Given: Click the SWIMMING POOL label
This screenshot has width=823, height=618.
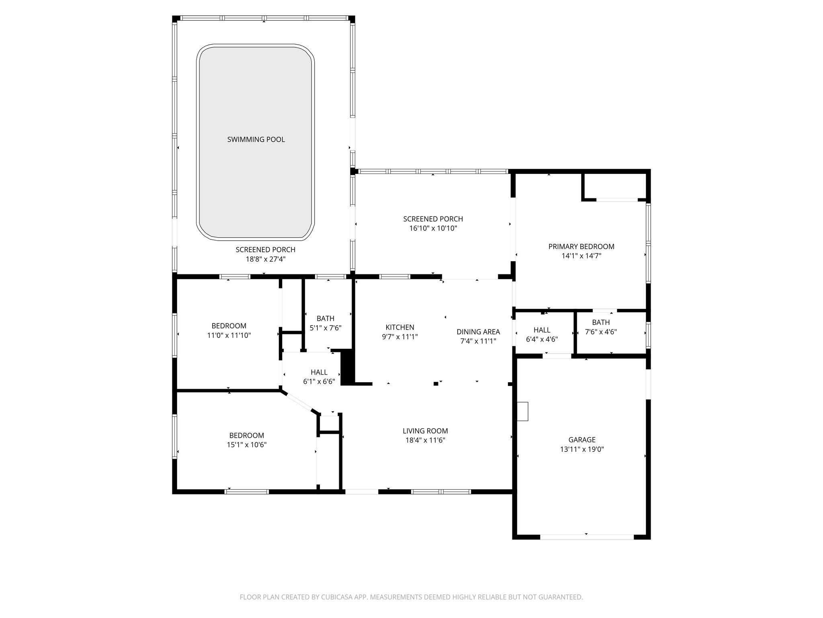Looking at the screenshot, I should coord(256,140).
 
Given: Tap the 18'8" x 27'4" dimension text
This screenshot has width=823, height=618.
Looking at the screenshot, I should coord(266,259).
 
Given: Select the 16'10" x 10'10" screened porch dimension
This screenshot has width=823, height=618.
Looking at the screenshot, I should coord(433,228).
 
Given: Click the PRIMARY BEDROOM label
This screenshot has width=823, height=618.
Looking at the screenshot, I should coord(581,246).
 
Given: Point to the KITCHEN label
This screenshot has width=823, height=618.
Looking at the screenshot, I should coord(399,327).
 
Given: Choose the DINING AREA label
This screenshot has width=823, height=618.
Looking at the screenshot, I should coord(478,332).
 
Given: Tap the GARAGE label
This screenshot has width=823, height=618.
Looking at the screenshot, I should coord(581,440).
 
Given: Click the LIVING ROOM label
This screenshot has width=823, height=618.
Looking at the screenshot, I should coord(425,431).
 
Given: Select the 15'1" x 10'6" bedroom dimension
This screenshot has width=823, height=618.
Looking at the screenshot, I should coord(246,445).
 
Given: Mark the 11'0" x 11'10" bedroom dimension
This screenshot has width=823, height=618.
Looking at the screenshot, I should coord(229,335).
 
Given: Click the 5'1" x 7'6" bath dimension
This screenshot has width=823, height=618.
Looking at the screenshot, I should coord(325,328).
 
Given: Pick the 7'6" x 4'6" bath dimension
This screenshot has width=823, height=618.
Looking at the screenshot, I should coord(601,332).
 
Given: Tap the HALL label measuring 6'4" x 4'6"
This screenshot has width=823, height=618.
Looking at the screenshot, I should coord(542,330).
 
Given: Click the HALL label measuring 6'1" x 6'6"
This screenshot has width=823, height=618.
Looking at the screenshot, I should coord(319,372).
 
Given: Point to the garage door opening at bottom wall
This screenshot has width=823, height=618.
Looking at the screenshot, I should coord(586,536).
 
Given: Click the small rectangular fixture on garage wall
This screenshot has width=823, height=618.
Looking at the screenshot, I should coord(522,411).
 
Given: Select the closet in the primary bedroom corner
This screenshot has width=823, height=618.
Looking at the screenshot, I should coord(615,186).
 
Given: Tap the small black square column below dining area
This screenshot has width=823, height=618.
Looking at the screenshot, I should coord(436,384).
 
